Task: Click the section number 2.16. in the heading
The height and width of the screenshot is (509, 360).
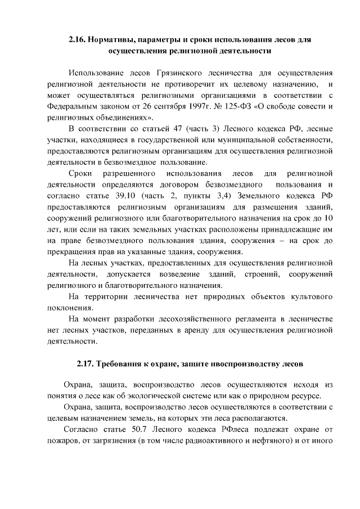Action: coord(78,40)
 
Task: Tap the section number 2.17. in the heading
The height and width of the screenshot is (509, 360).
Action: coord(87,363)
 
